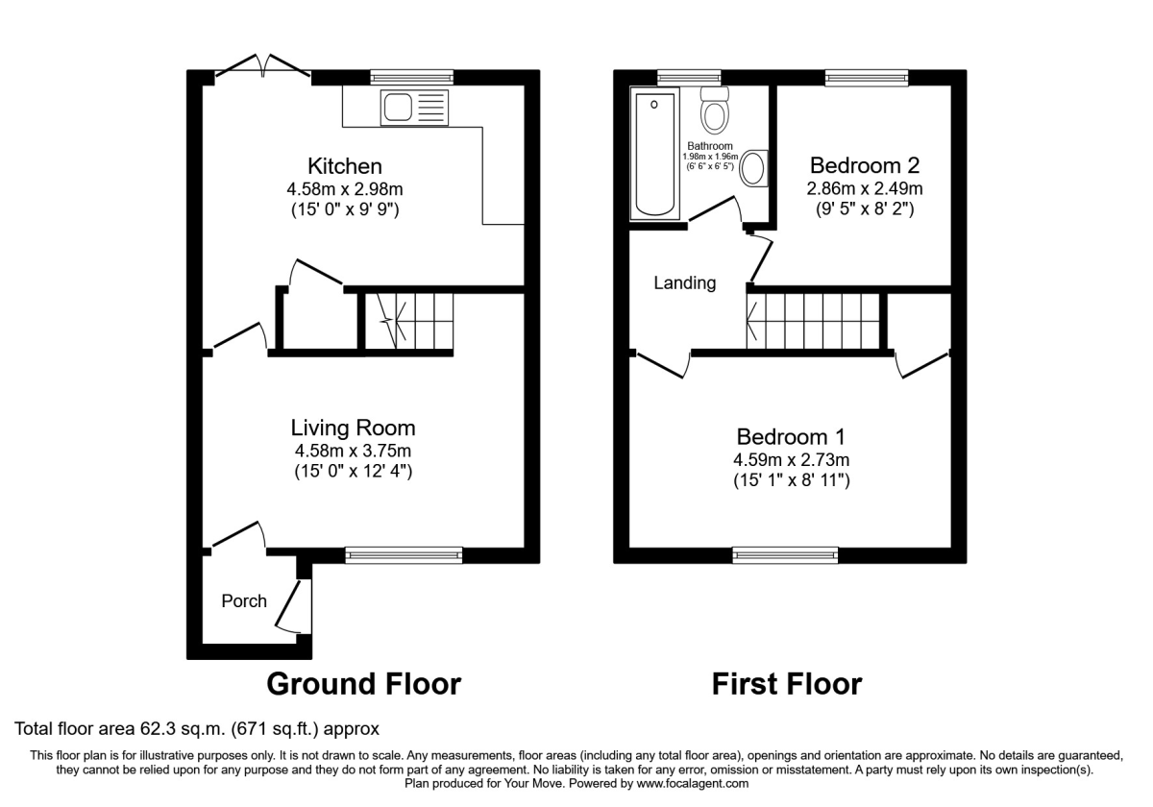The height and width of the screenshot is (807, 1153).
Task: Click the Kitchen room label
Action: click(x=344, y=166)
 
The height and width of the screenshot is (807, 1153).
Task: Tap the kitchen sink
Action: click(x=414, y=108)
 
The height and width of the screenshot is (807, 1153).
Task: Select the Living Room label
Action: click(x=354, y=428)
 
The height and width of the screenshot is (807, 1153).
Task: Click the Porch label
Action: click(x=244, y=601)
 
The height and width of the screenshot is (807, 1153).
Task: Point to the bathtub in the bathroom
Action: click(x=654, y=154)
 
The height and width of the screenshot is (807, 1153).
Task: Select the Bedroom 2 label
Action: click(x=865, y=164)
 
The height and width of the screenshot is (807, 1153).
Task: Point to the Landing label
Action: click(x=685, y=283)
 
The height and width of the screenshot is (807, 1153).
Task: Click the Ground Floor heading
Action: click(x=363, y=684)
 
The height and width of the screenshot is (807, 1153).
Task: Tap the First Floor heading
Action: click(x=786, y=684)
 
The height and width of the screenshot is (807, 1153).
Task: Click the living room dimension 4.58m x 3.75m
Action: click(x=353, y=451)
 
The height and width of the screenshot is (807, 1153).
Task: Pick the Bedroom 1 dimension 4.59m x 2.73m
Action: click(x=793, y=459)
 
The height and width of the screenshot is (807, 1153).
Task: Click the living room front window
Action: click(x=404, y=553)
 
